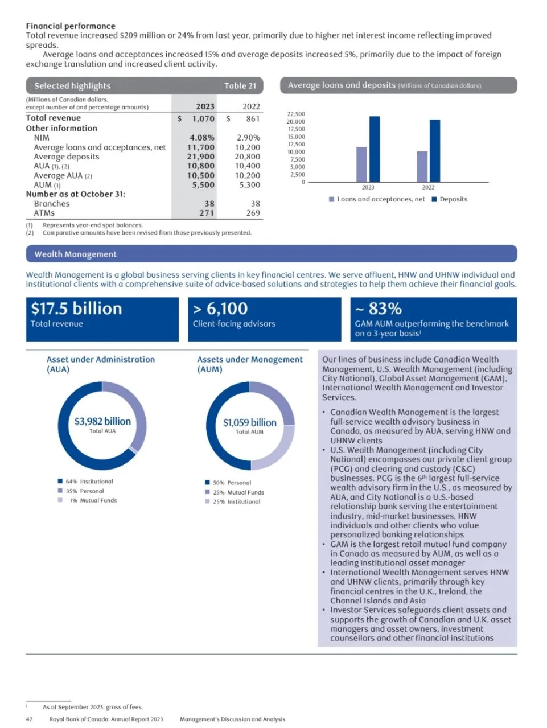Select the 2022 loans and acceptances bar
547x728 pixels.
(x=422, y=166)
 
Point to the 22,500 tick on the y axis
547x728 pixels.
(x=296, y=114)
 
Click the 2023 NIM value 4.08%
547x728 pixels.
(x=202, y=138)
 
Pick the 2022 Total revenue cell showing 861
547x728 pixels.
(x=253, y=118)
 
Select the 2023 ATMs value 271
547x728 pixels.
(x=207, y=213)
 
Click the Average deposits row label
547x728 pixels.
(x=66, y=157)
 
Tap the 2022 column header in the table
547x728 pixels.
(x=251, y=106)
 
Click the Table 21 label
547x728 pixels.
(x=240, y=86)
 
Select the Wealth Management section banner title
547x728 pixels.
(x=75, y=254)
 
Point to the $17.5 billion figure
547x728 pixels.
(x=76, y=309)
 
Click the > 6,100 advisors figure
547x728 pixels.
(x=220, y=309)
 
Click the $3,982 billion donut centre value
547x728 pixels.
(x=102, y=421)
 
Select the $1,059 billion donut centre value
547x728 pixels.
(x=249, y=422)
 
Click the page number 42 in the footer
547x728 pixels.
(x=29, y=719)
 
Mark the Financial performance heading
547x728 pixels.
(x=71, y=26)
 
